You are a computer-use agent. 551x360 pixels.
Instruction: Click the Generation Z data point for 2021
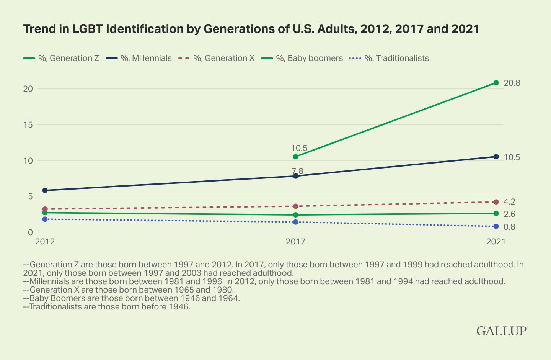(x=496, y=83)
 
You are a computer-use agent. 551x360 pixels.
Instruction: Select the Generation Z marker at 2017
(x=295, y=157)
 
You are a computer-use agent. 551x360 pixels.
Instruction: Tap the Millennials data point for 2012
(x=45, y=190)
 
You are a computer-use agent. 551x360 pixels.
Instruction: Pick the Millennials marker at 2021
(x=496, y=157)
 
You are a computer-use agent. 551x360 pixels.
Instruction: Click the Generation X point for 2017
(x=295, y=206)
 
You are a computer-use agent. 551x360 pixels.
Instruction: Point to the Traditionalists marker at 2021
(x=496, y=226)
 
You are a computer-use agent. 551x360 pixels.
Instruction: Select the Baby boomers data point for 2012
(x=45, y=213)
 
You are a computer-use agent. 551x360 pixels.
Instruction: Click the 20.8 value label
(x=512, y=83)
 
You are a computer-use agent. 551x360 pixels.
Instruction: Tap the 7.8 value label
(x=298, y=171)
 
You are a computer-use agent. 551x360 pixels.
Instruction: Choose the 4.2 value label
(x=509, y=202)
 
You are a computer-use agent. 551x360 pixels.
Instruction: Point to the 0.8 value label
(x=509, y=227)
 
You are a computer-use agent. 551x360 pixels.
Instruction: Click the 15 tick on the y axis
(x=28, y=124)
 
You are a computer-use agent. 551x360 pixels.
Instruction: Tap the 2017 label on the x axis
(x=295, y=242)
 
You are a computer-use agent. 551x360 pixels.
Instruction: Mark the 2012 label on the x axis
(x=45, y=242)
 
